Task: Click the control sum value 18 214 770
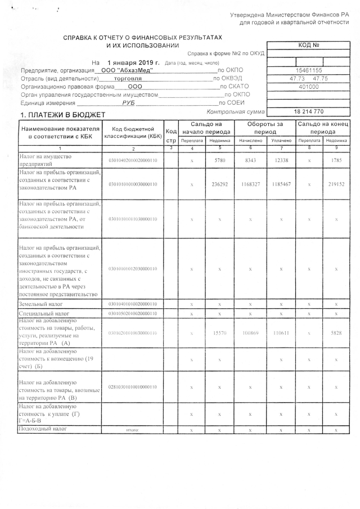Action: (x=308, y=112)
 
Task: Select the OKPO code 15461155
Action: (x=308, y=70)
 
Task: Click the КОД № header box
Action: (x=308, y=46)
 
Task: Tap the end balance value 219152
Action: (x=336, y=184)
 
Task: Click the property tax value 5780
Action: (x=219, y=160)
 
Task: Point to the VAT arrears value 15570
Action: (x=219, y=333)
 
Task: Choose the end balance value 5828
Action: (x=336, y=333)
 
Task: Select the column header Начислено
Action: (x=249, y=141)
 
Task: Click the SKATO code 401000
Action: (x=308, y=87)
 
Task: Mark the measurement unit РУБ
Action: (x=129, y=103)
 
